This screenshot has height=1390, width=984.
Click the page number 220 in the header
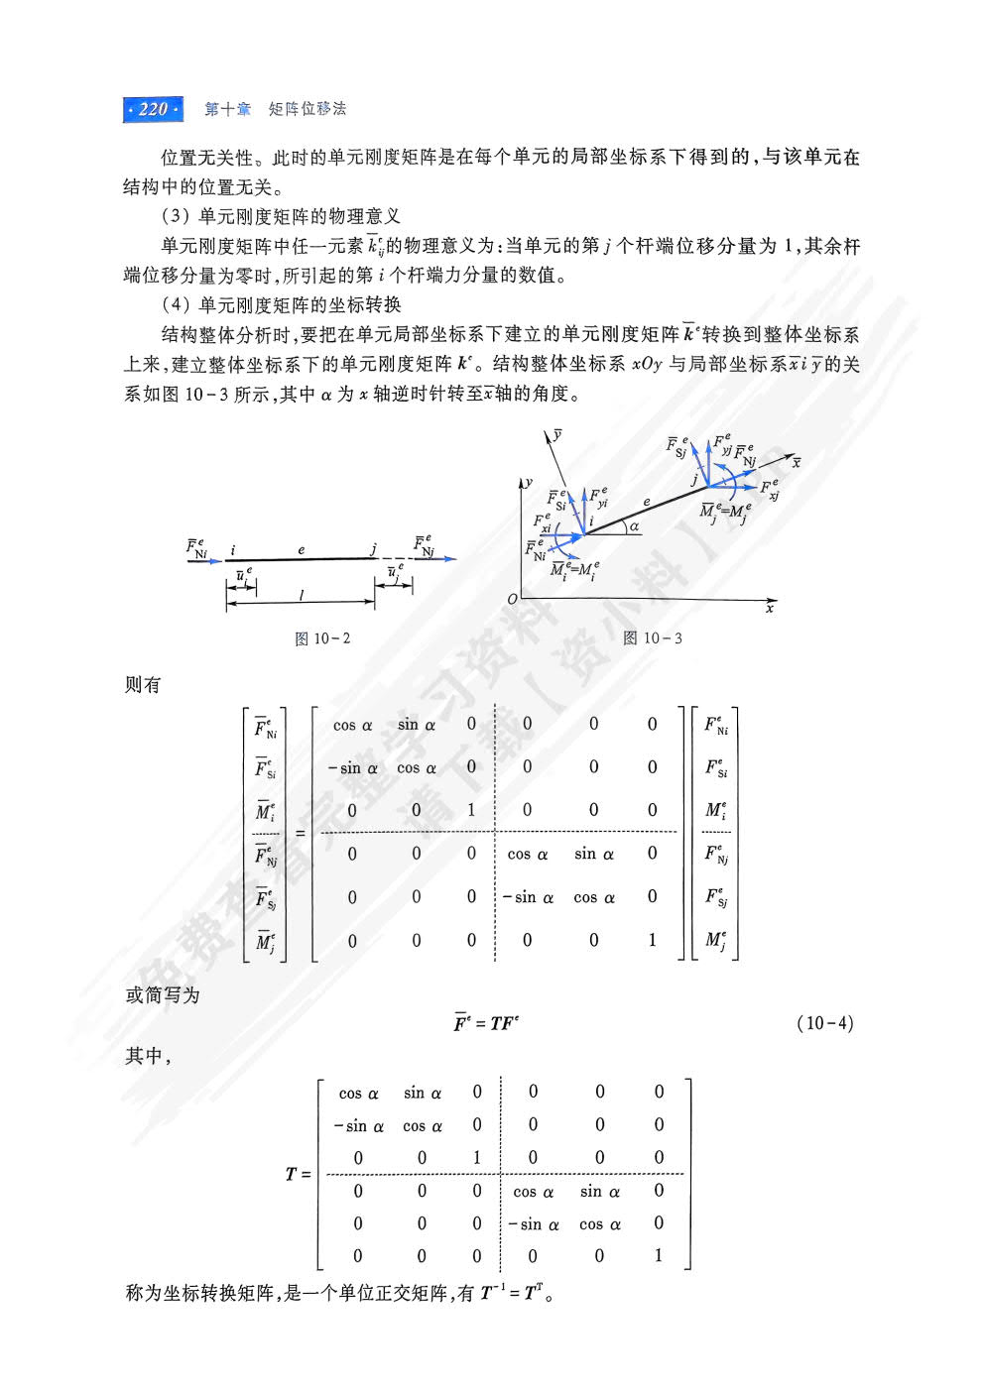click(153, 109)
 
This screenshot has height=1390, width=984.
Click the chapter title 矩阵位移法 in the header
click(307, 109)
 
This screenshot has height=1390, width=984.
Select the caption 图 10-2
click(322, 638)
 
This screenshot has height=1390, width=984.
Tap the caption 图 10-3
click(653, 638)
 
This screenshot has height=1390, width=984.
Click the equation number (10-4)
click(824, 1023)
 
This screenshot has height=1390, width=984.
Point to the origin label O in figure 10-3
click(512, 599)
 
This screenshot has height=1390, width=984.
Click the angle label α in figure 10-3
click(634, 526)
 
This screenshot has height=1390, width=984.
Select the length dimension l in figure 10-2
click(301, 596)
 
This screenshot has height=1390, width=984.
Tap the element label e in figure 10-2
click(302, 549)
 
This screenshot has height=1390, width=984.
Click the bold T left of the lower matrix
click(291, 1174)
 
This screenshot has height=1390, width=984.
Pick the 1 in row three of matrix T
click(477, 1157)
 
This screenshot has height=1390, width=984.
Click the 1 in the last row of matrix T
click(659, 1255)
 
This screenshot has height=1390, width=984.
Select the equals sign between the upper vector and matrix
click(300, 832)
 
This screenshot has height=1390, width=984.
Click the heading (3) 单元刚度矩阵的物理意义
click(281, 216)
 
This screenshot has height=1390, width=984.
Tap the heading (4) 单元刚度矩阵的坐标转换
click(281, 304)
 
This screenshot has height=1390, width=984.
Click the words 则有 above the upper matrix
click(143, 685)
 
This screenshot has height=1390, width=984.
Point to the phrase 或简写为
click(163, 994)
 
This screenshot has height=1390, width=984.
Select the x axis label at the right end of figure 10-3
click(770, 608)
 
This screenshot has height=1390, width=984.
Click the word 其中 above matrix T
click(145, 1056)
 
